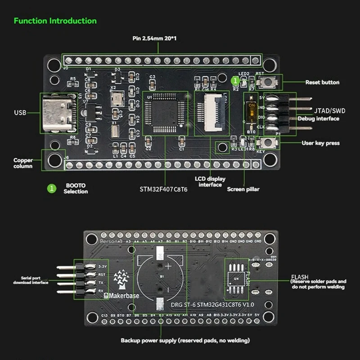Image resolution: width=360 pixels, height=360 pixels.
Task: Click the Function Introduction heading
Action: pos(55,21)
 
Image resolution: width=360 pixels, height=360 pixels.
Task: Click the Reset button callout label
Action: pos(322,82)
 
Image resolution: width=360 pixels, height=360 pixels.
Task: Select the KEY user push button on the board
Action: pos(268,143)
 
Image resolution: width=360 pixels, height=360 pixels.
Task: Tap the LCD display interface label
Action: pos(210,181)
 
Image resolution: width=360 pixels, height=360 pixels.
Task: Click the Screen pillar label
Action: pos(243,189)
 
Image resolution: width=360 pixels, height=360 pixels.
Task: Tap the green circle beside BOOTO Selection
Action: pos(52,189)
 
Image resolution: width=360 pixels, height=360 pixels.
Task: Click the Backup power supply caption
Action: pos(185,340)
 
